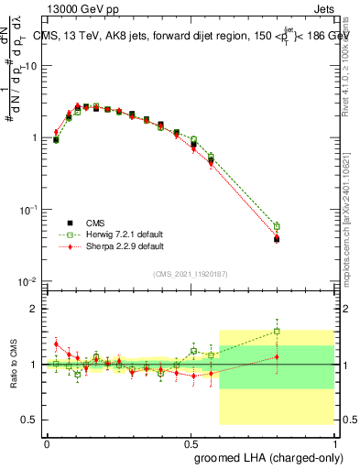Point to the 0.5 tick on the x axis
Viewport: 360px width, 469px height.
(x=191, y=442)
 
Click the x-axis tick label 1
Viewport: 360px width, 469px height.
(x=334, y=442)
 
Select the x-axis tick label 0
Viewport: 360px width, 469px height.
(x=47, y=442)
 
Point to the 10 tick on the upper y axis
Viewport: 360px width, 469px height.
(x=31, y=66)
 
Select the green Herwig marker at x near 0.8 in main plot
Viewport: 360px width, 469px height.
(x=277, y=226)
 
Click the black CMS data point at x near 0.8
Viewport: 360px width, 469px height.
(x=277, y=239)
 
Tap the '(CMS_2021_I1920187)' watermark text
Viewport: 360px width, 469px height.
(x=191, y=274)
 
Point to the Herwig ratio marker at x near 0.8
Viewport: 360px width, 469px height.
(x=277, y=332)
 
